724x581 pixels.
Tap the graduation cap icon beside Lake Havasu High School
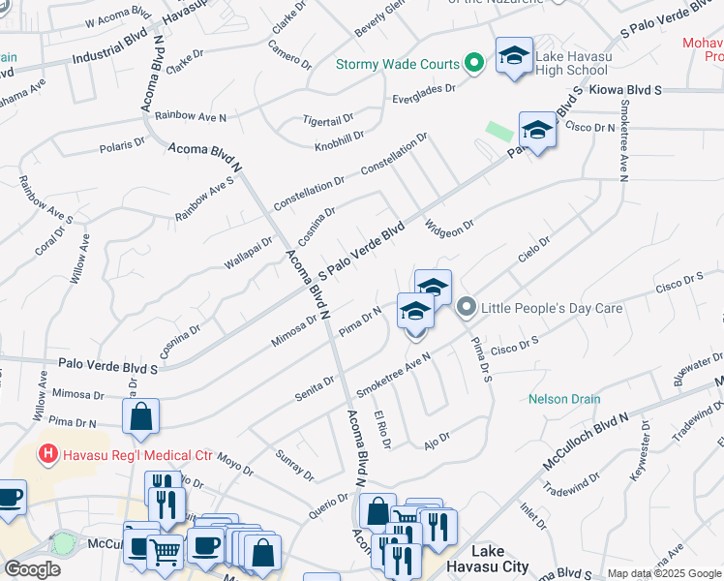tap(514, 55)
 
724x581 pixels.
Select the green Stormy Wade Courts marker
tap(473, 65)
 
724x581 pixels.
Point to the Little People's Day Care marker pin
tap(467, 308)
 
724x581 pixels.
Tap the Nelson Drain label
tap(564, 399)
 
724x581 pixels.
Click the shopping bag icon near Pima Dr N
tap(140, 417)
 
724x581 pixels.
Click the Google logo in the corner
tap(32, 569)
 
